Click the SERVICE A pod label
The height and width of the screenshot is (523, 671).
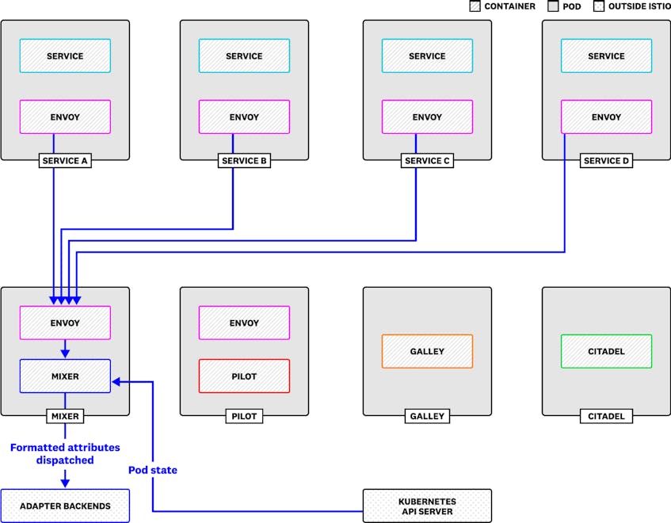pyautogui.click(x=65, y=161)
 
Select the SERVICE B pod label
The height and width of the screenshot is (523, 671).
pyautogui.click(x=244, y=161)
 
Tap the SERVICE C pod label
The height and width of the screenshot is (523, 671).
pyautogui.click(x=427, y=161)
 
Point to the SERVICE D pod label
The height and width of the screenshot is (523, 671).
pyautogui.click(x=606, y=161)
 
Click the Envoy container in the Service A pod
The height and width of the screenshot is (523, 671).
pyautogui.click(x=65, y=116)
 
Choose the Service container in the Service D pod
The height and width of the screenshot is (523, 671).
pyautogui.click(x=606, y=55)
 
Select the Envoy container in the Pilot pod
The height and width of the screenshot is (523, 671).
pyautogui.click(x=244, y=323)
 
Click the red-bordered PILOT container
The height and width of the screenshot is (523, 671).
pyautogui.click(x=244, y=376)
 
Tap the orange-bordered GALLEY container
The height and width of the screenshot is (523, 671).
pyautogui.click(x=427, y=351)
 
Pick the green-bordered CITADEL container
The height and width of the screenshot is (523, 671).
pyautogui.click(x=606, y=351)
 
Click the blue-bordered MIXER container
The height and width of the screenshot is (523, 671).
pyautogui.click(x=65, y=376)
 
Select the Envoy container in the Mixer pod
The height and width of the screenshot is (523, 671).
pyautogui.click(x=65, y=323)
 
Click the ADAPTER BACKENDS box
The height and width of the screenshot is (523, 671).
pyautogui.click(x=65, y=506)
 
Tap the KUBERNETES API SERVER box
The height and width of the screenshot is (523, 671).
pyautogui.click(x=427, y=506)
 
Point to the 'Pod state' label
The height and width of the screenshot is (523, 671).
pyautogui.click(x=153, y=470)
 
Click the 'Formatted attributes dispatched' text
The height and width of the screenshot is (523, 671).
pyautogui.click(x=65, y=454)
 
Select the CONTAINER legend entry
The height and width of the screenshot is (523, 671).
pyautogui.click(x=502, y=6)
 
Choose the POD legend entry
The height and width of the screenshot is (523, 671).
pyautogui.click(x=564, y=6)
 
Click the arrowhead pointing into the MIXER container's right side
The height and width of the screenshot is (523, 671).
pyautogui.click(x=116, y=381)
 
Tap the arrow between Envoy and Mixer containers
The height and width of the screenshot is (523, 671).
pyautogui.click(x=65, y=349)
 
